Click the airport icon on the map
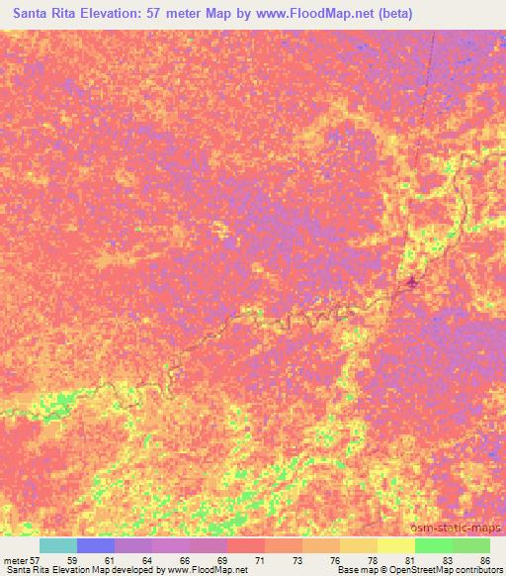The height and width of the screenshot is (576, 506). tap(412, 285)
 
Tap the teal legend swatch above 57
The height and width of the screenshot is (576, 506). tap(58, 545)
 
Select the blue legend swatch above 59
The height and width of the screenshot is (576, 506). tap(96, 545)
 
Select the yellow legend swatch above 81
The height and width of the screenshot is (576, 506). tap(396, 545)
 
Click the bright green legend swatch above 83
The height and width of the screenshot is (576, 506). tap(434, 545)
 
